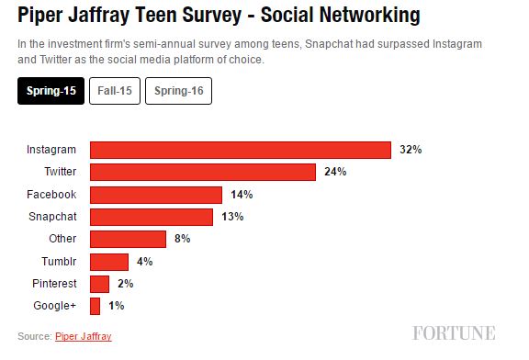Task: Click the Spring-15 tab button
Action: pos(51,91)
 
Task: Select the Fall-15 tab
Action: pos(115,91)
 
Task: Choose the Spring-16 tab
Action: pos(178,91)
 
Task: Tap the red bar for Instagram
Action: pos(241,150)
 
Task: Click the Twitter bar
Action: pos(203,172)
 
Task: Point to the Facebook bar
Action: pos(156,195)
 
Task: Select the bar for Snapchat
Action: pos(152,217)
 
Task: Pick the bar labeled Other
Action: pos(128,239)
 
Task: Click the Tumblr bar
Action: pos(109,262)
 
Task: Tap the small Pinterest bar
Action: pos(99,284)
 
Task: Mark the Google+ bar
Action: pos(95,306)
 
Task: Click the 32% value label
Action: pos(411,150)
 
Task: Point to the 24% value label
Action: pos(335,172)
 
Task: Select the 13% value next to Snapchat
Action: pos(232,217)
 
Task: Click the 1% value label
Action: pos(117,306)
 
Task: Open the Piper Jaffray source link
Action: pos(84,336)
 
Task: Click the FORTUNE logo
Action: pos(454,333)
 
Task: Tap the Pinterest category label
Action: pos(54,284)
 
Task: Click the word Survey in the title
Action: pos(212,16)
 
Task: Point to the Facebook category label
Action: pos(51,195)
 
